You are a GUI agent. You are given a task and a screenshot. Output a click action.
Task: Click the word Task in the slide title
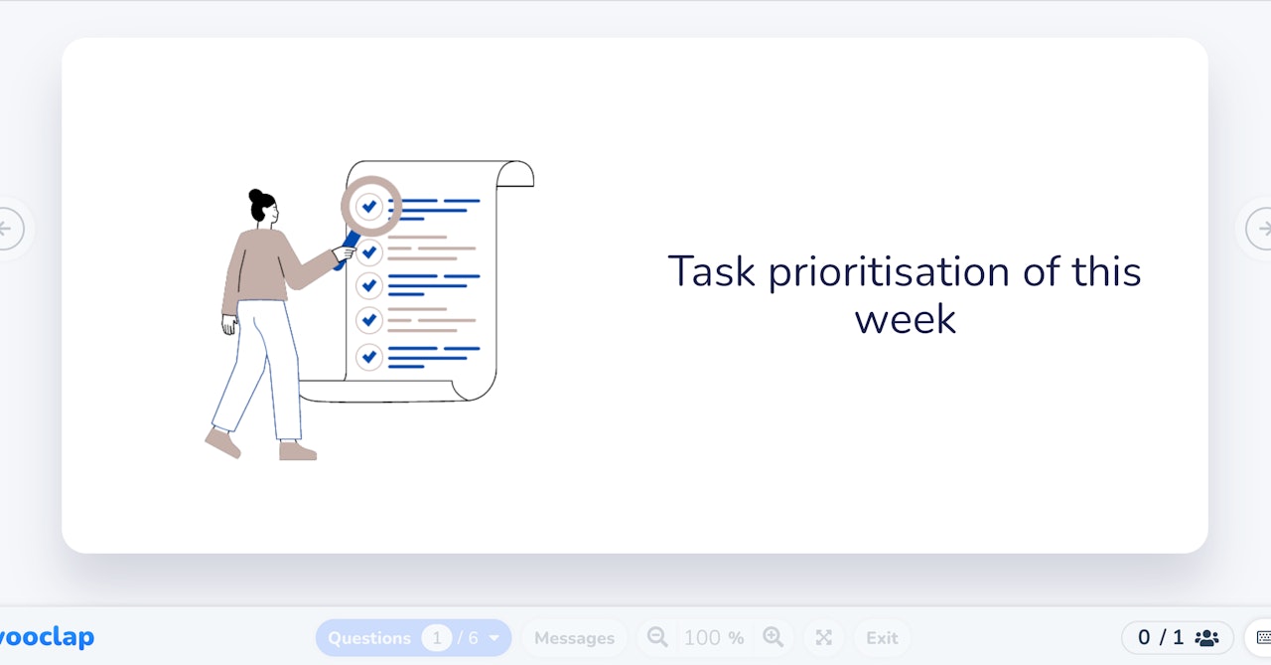click(x=712, y=271)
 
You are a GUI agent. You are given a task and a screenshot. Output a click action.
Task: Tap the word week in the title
click(x=905, y=319)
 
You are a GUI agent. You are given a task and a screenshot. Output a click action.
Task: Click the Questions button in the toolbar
click(x=369, y=638)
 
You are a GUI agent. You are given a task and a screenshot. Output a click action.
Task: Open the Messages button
click(x=574, y=638)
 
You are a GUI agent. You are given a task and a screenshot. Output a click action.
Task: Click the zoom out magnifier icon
click(x=657, y=637)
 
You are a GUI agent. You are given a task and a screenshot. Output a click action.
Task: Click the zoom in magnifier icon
click(x=773, y=637)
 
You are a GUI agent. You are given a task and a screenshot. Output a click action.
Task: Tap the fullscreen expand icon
click(x=823, y=638)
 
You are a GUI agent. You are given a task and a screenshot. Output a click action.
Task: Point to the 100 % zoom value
click(x=713, y=638)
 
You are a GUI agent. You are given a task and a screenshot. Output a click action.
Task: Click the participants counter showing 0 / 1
click(x=1177, y=638)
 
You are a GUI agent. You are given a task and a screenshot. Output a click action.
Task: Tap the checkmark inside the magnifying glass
click(x=369, y=206)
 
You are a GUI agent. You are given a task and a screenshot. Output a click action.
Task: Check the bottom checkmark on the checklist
click(x=369, y=356)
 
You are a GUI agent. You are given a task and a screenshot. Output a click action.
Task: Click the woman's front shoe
click(x=297, y=451)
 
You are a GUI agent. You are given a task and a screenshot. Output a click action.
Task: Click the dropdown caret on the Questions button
click(x=494, y=638)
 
